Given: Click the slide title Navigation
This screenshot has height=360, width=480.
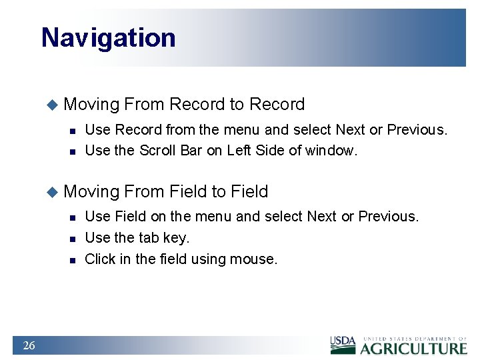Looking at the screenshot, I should click(108, 38).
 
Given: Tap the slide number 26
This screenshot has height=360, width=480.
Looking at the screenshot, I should click(29, 345).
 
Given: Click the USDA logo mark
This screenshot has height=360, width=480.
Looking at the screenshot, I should click(343, 345).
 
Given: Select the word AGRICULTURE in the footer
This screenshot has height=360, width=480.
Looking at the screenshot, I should click(413, 348).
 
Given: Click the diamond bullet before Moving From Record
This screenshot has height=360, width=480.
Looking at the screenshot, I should click(53, 105).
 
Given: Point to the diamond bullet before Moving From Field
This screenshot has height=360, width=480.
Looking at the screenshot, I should click(53, 192).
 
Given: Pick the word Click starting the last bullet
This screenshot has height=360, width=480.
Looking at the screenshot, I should click(100, 259).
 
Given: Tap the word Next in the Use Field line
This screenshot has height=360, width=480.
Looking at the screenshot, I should click(322, 217).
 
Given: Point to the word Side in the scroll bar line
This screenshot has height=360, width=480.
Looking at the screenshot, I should click(271, 151).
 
